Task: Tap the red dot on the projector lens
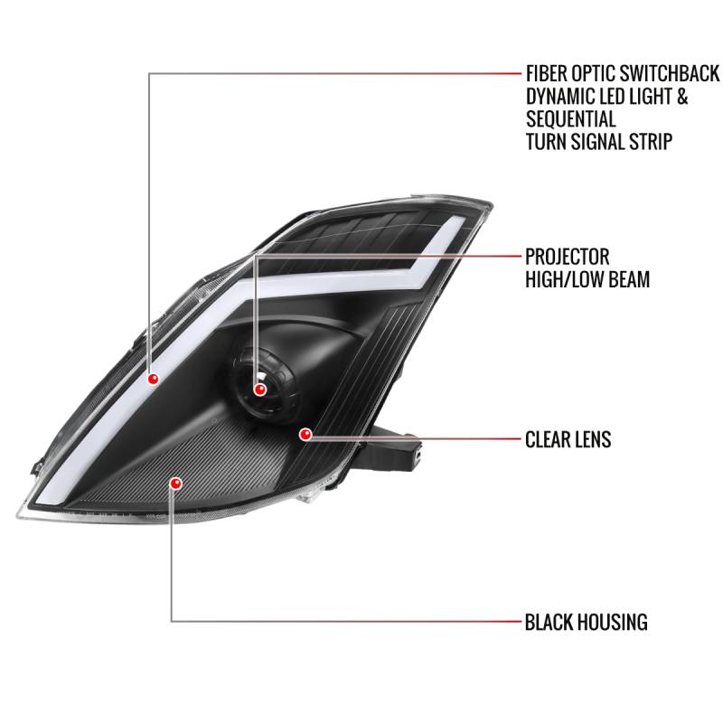click(x=260, y=390)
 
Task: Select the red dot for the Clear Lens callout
click(x=305, y=435)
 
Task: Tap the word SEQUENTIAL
click(x=570, y=119)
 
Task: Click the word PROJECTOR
click(x=568, y=257)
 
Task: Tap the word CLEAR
click(x=548, y=440)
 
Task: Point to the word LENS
click(x=593, y=440)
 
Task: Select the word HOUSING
click(x=614, y=622)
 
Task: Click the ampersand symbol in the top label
click(x=681, y=97)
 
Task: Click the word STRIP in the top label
click(x=672, y=142)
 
